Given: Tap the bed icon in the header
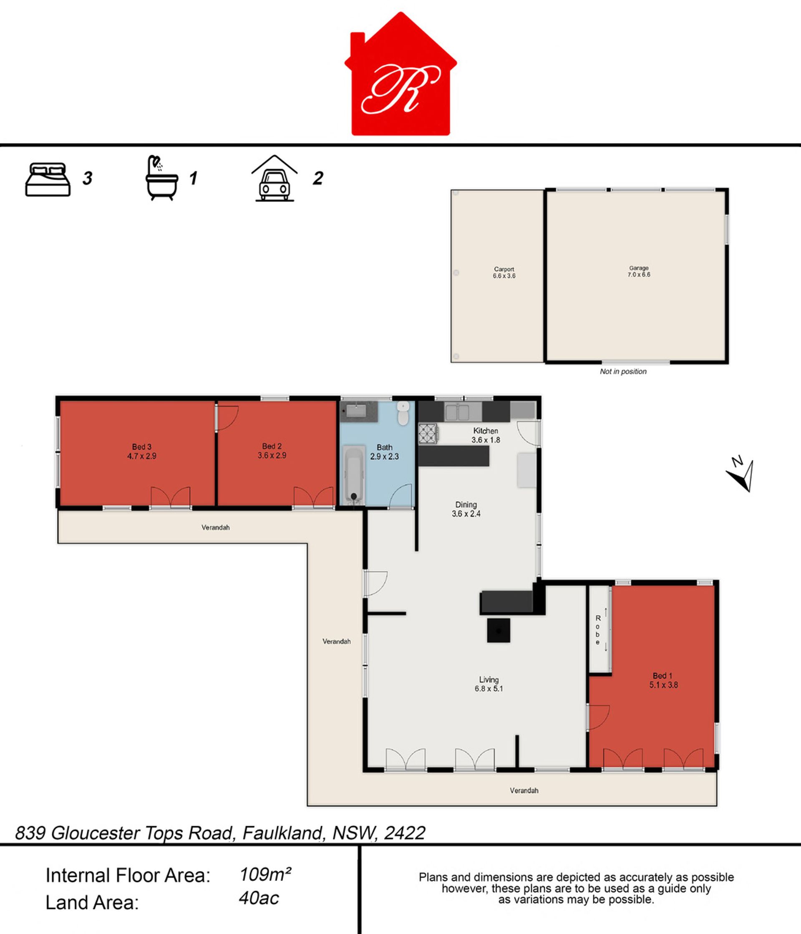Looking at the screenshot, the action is coord(48,179).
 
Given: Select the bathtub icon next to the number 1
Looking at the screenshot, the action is coord(161,178).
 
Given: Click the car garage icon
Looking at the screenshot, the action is coord(275,178).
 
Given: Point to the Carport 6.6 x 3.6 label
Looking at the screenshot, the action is coord(504,272).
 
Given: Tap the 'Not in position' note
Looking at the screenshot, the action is coord(623,371).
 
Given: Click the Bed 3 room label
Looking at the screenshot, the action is coord(141,451).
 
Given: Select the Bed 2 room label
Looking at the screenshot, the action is coord(272,451).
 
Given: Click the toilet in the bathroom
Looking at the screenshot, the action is coord(403,413).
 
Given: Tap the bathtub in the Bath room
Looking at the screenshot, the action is coord(354,474).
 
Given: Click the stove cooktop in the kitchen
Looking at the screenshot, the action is coord(428,434).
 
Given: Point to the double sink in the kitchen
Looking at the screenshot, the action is coord(457,412).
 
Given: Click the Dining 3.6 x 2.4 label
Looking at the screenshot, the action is coord(466,509).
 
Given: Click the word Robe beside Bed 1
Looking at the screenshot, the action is coord(598,630).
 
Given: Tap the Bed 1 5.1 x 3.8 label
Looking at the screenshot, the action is coord(663,680).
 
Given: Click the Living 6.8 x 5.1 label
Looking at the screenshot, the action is coord(489,684).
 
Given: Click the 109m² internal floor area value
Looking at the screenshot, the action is coord(265,874).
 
